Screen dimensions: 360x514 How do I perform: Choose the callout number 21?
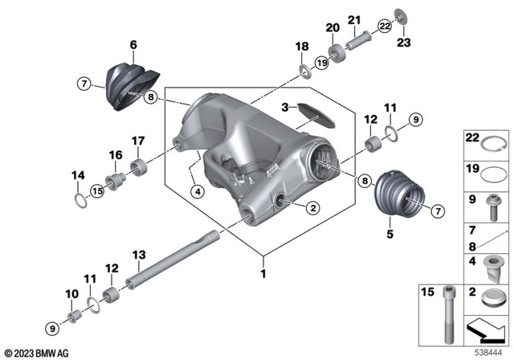(353, 20)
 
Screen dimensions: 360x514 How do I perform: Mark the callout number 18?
(304, 48)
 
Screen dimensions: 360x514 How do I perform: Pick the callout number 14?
(78, 174)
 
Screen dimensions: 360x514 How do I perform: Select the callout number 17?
(137, 139)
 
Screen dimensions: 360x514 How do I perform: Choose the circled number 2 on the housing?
(312, 207)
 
